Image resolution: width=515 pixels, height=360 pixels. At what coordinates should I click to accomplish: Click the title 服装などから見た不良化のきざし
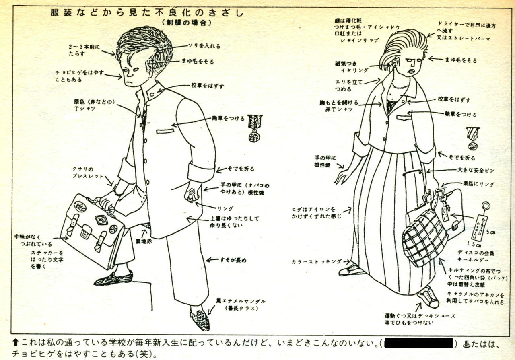pos(147,13)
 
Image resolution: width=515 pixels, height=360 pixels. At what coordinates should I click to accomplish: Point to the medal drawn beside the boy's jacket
pos(254,128)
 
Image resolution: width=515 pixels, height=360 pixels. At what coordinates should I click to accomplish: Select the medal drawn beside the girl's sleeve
pos(472,138)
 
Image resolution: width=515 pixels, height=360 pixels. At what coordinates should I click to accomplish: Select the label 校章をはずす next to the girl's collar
pos(453,100)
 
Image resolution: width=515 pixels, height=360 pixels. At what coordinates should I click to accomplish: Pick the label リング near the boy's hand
pos(225,208)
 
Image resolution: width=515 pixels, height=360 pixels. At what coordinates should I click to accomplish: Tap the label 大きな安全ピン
pos(474,171)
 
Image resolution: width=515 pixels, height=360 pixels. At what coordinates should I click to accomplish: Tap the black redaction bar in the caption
pos(419,343)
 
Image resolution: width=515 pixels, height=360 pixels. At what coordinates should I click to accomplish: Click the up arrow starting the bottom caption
pos(16,343)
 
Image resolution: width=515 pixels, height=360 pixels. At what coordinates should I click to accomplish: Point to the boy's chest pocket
pos(165,131)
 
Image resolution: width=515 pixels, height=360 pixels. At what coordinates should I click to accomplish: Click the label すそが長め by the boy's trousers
pos(233,260)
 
